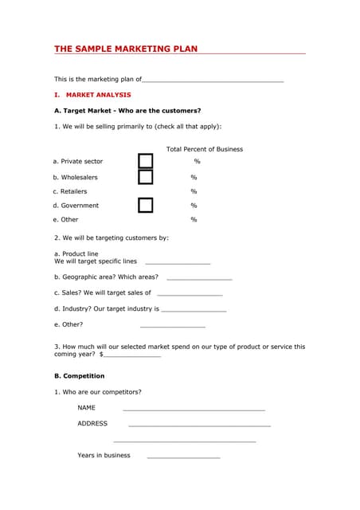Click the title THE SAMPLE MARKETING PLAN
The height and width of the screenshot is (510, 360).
pos(126,49)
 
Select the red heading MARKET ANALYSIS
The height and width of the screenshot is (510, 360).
pos(98,95)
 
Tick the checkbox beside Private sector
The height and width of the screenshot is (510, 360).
pos(145,161)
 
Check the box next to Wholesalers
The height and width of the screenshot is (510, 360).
pos(145,177)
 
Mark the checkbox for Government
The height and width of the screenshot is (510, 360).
pos(145,205)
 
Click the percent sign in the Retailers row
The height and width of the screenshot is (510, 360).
pos(194,191)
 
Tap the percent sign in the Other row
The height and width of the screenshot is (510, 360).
pos(194,219)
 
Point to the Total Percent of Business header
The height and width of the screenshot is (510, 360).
pos(205,149)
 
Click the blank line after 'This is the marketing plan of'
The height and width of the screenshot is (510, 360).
pos(213,80)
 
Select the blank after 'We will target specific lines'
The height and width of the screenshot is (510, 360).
pos(178,262)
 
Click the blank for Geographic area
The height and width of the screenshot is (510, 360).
pos(199,278)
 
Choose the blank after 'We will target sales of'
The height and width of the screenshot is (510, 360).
pos(190,294)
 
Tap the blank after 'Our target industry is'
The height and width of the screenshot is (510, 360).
pos(194,310)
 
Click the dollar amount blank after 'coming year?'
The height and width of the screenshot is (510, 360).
pos(132,355)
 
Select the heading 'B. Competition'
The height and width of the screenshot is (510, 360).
pos(79,375)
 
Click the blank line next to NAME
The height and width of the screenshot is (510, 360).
pos(194,409)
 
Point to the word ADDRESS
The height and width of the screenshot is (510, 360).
pos(92,423)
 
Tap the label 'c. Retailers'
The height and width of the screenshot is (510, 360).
pos(70,191)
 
